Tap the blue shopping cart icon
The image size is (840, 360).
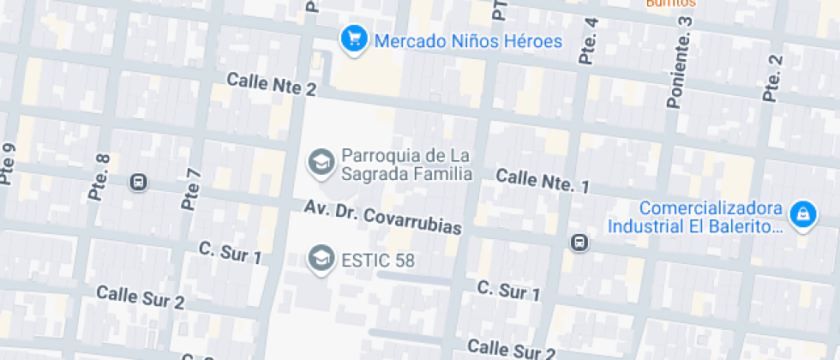352,39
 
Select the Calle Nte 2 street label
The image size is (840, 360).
271,84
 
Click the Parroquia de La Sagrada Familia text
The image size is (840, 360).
406,165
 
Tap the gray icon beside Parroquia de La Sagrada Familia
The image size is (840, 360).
321,162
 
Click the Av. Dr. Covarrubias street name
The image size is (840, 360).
383,218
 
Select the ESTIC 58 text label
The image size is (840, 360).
378,260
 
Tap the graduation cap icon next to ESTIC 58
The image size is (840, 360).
321,259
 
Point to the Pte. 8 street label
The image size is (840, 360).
100,177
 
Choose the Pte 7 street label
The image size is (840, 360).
192,189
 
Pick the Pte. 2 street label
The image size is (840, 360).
773,78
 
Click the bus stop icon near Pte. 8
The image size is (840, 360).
137,182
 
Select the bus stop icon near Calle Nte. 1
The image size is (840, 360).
580,243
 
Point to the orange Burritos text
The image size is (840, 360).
669,3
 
